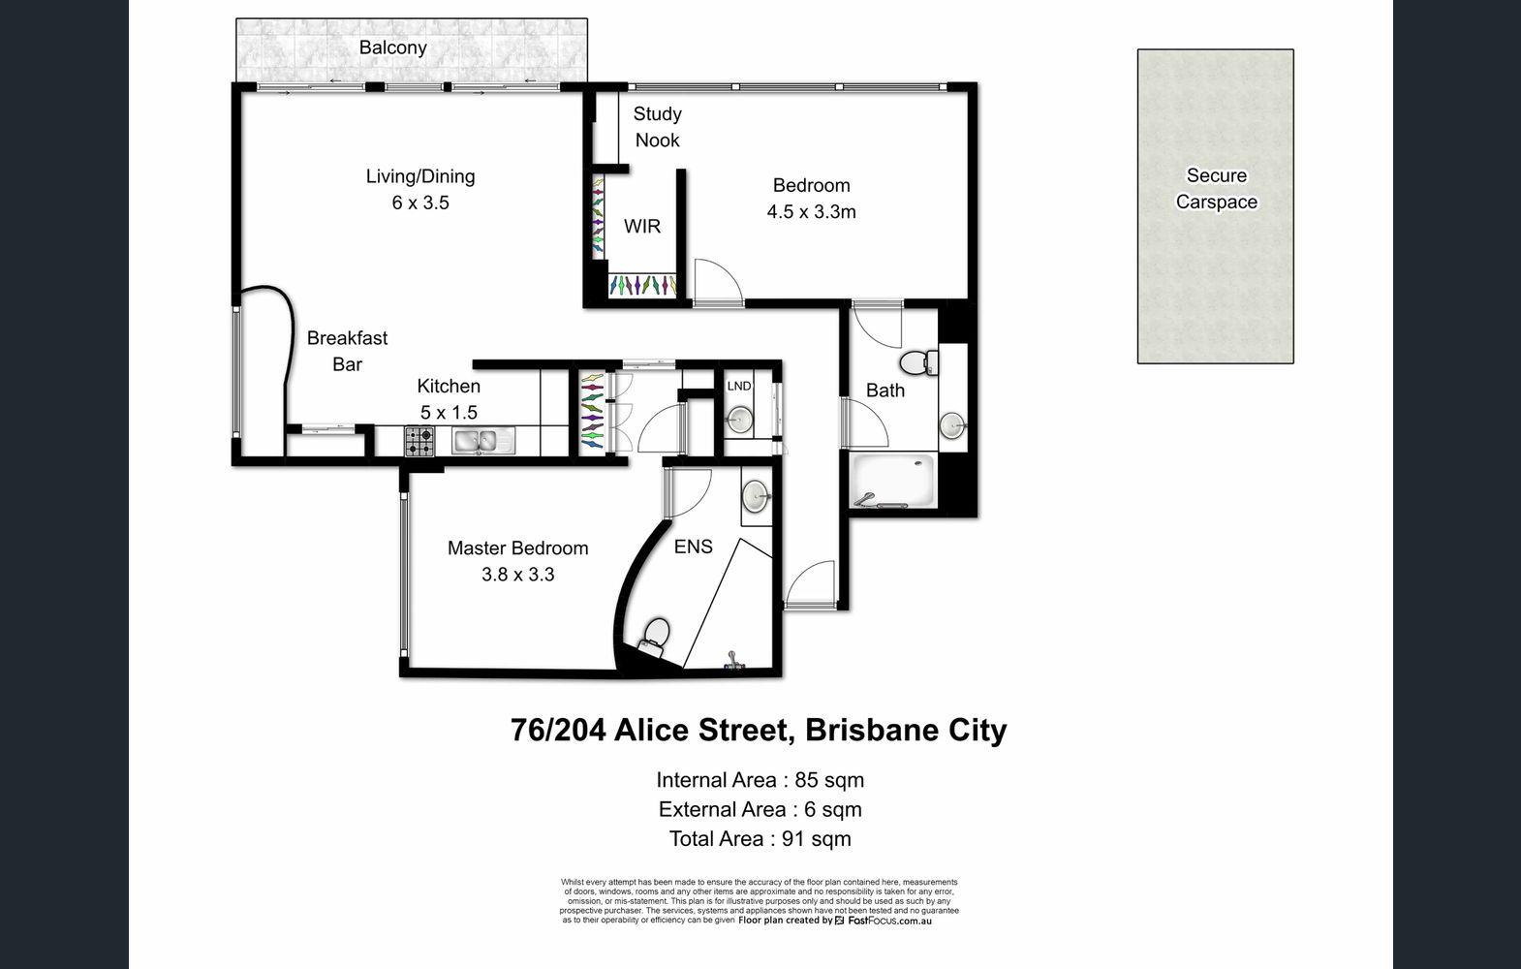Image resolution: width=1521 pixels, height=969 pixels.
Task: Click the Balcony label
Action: (392, 47)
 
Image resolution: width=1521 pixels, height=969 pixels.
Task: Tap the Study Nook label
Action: (657, 127)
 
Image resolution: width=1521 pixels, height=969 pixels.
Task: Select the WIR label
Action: (642, 226)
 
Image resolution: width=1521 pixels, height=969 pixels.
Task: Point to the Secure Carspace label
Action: (1216, 189)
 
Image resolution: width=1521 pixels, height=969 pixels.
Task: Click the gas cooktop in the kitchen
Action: (419, 442)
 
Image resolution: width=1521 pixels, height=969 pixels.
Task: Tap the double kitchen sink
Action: (482, 442)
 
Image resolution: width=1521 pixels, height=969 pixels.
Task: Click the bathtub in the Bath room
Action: (892, 481)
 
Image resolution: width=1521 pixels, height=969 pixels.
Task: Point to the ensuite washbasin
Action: (755, 495)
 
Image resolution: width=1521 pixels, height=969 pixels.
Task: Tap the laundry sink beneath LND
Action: (739, 420)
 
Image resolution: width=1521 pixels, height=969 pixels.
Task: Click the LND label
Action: (739, 387)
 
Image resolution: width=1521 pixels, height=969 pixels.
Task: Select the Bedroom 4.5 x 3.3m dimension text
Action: (812, 212)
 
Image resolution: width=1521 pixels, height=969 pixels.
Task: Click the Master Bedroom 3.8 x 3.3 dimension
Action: (518, 575)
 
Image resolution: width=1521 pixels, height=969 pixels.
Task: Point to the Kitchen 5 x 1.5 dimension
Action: (449, 412)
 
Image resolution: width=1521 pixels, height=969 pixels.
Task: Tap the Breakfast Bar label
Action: (347, 351)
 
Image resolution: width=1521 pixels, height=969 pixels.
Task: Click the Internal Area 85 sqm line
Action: (760, 780)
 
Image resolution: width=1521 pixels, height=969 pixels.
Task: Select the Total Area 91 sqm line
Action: (760, 839)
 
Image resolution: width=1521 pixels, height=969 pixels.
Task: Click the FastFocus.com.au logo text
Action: (889, 921)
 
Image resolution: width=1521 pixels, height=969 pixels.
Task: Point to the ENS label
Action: (694, 547)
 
